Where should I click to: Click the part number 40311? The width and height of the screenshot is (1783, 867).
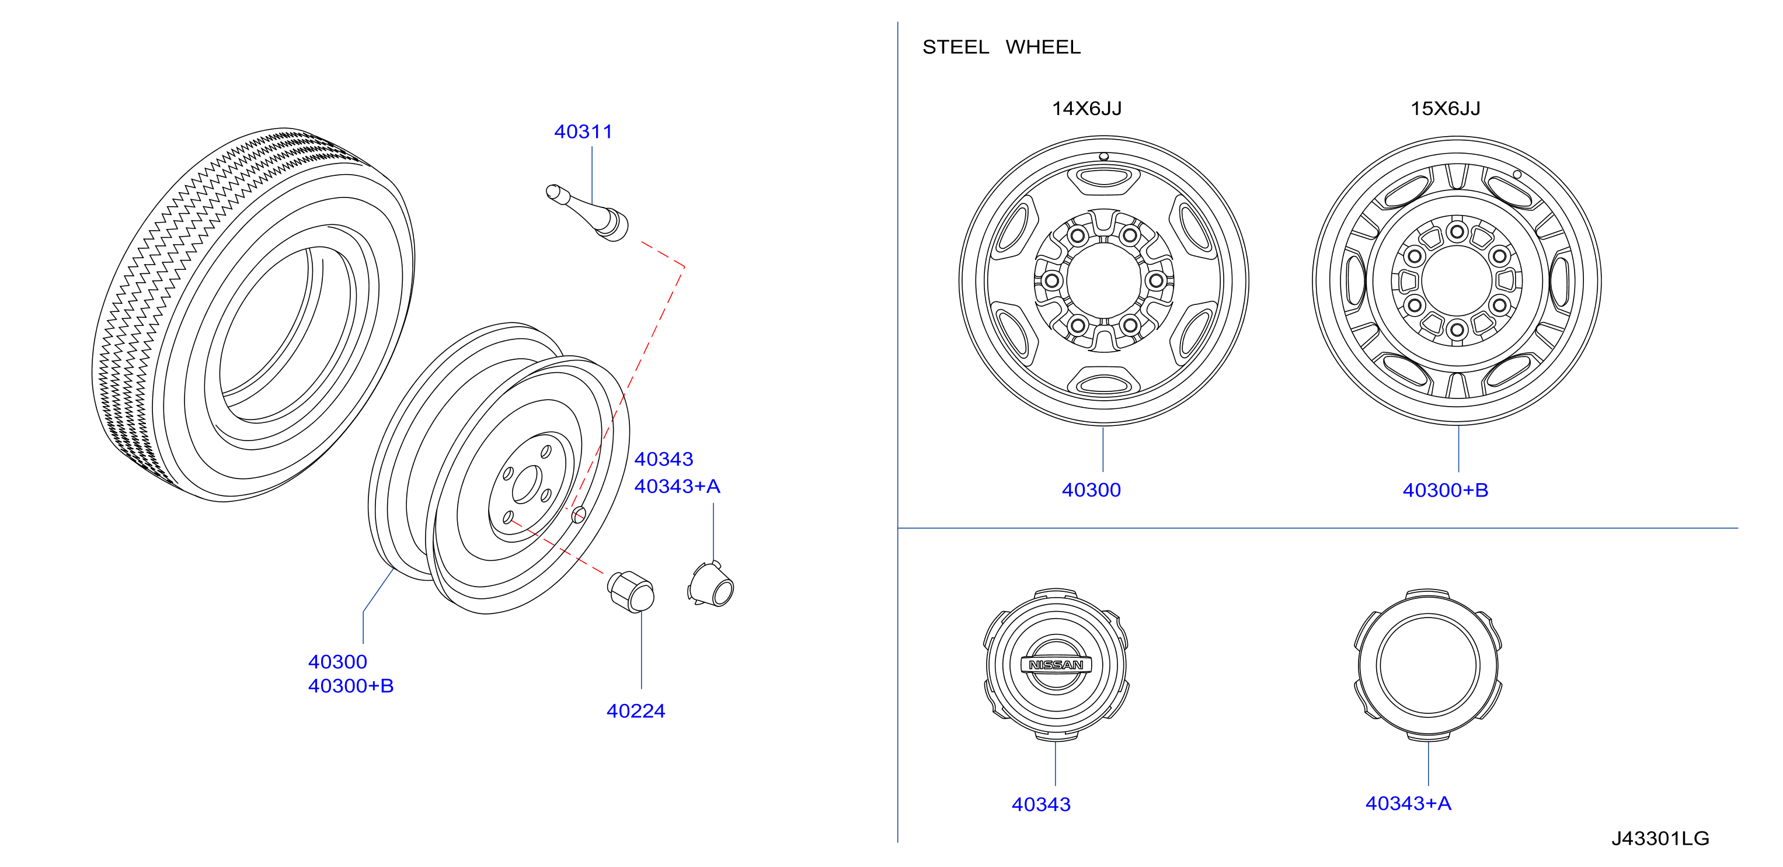pos(583,131)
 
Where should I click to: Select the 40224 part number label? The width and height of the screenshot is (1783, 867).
pos(635,710)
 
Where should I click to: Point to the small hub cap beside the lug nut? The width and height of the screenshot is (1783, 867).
pos(711,584)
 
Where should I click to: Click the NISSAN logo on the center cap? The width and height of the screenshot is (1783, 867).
pos(1056,665)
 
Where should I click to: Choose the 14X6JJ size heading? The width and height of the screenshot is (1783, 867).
pos(1086,108)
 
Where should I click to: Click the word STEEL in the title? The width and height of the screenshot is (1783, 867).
pos(955,47)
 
